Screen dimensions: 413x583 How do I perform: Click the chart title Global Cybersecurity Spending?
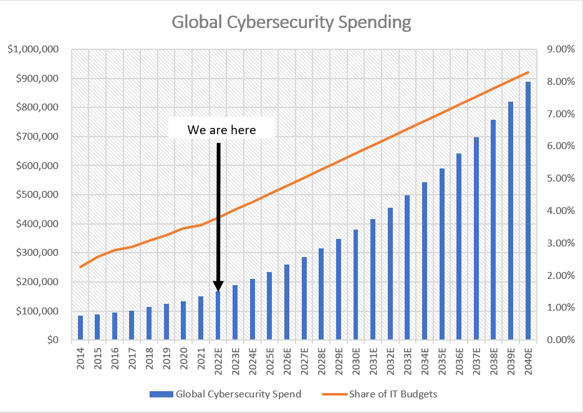click(x=291, y=22)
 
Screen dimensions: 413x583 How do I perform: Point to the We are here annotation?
click(x=221, y=130)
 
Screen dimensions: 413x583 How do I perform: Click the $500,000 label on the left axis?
click(x=37, y=195)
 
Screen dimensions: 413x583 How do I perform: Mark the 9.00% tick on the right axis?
click(x=561, y=49)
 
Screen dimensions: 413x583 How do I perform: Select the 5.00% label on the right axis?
click(x=561, y=178)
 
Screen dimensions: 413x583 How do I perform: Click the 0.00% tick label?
click(x=561, y=340)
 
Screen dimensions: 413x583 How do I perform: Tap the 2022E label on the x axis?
click(x=218, y=360)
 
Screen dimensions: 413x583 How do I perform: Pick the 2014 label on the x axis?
click(x=80, y=357)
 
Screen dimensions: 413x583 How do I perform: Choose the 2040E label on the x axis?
click(x=528, y=360)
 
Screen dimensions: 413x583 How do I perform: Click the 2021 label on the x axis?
click(x=201, y=357)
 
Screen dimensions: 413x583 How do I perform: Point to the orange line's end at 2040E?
click(x=528, y=72)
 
